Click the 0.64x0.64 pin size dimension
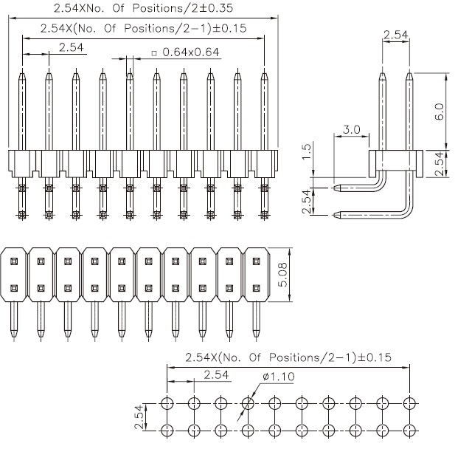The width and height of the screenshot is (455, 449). (191, 52)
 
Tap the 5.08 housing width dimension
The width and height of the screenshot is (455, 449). (282, 275)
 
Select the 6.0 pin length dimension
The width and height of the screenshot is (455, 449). (439, 112)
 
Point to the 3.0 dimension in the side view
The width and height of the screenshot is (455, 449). (352, 129)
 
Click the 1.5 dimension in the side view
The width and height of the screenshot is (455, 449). (307, 151)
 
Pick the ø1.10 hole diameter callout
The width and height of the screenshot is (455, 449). (278, 377)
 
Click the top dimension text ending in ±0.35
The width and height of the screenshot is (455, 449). (143, 8)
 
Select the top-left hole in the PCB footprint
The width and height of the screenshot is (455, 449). (167, 403)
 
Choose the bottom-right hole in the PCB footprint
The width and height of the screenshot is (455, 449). (409, 430)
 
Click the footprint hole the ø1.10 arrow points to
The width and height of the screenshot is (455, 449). (248, 403)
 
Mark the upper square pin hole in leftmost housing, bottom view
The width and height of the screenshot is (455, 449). (14, 261)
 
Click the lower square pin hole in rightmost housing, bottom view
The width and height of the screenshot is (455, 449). (256, 288)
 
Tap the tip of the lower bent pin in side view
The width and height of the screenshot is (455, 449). (334, 215)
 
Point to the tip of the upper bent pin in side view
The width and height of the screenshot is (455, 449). (334, 188)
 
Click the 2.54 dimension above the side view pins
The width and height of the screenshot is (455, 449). (395, 35)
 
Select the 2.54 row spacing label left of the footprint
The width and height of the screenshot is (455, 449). (139, 417)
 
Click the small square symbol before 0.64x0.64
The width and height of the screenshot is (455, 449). (154, 53)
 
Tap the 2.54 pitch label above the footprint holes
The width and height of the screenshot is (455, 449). (216, 374)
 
